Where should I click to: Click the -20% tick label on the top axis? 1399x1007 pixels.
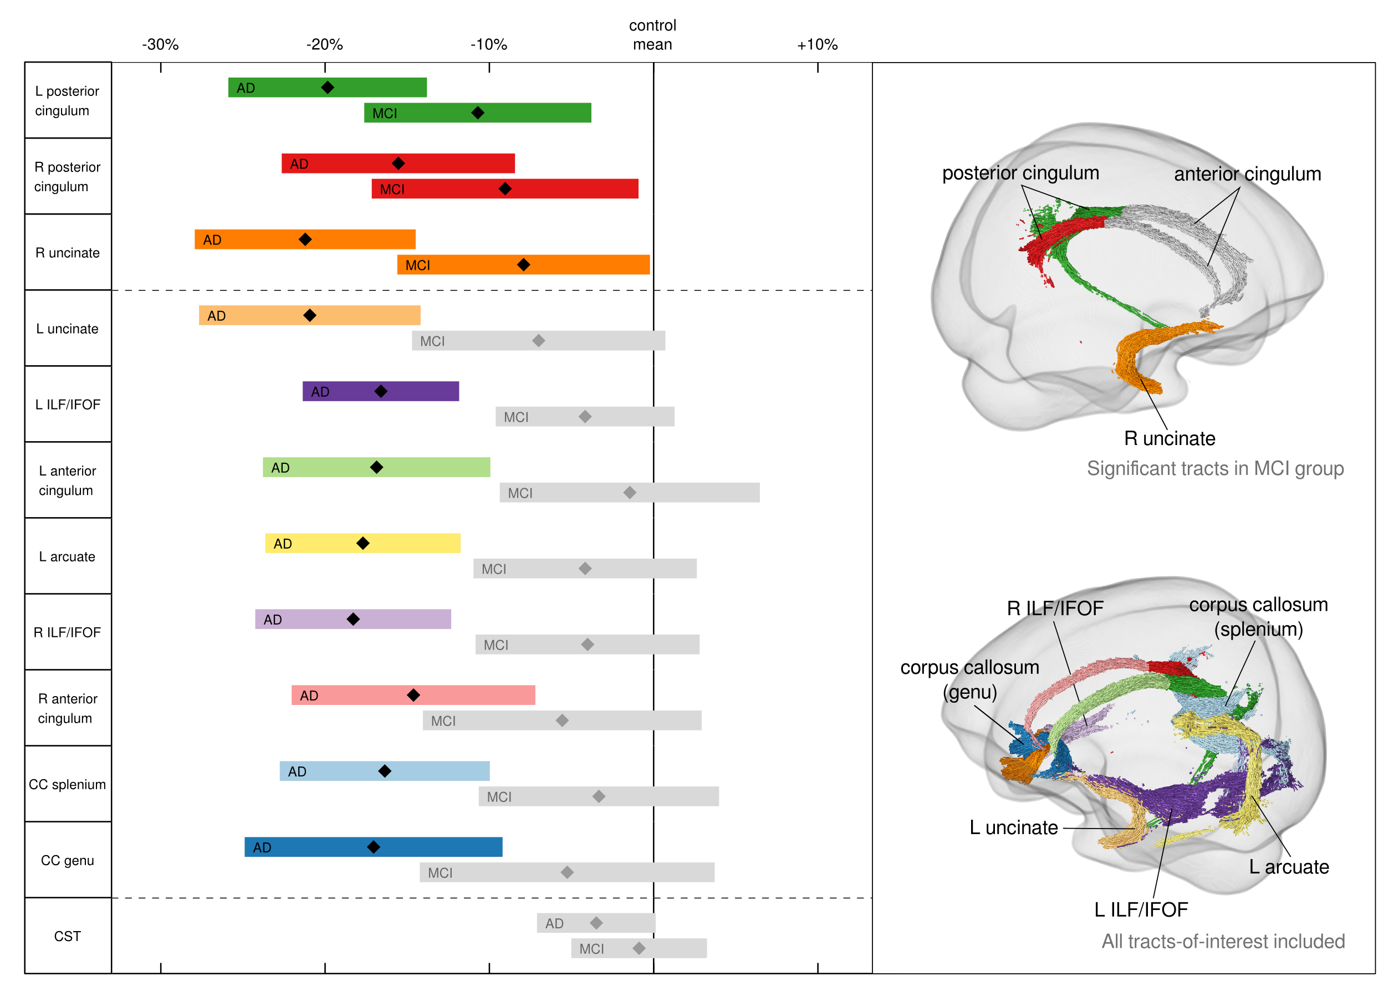324,44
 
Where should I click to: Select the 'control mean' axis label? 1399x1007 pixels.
652,34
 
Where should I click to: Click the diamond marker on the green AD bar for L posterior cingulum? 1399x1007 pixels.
328,88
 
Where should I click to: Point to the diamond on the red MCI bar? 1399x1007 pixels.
505,188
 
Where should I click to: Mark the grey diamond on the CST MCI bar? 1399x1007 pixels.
639,948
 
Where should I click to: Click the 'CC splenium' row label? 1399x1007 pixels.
67,784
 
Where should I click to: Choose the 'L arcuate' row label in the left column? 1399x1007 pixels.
67,556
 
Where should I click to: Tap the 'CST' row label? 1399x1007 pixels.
67,936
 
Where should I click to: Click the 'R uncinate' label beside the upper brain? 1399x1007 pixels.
1169,438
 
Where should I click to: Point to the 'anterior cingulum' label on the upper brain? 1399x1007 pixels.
1247,174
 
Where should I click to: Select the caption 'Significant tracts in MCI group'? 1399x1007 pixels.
1214,469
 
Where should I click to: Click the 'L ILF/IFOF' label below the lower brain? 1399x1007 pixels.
1141,909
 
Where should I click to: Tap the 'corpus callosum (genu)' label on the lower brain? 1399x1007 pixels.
969,679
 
